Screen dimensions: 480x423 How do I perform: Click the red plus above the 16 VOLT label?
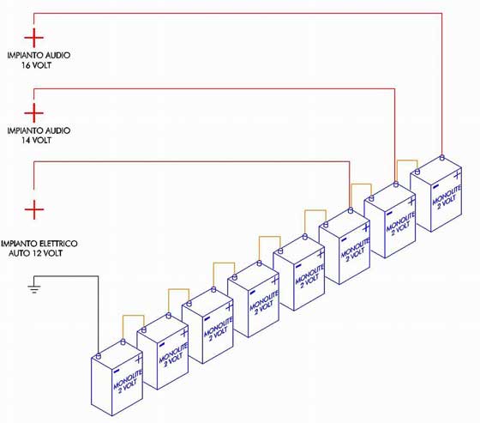34,38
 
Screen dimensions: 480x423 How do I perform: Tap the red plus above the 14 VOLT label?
34,112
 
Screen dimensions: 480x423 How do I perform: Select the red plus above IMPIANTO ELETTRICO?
34,209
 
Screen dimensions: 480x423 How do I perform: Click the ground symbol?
34,289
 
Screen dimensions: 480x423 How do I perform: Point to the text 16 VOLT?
36,65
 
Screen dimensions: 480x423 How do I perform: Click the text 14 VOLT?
36,141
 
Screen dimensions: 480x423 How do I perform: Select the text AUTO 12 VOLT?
35,253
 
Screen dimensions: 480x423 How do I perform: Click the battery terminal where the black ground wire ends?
99,356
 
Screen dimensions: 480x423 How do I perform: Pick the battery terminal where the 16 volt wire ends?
441,158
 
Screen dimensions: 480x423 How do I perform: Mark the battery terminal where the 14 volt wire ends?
396,184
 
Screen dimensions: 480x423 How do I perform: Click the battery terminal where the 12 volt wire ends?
351,210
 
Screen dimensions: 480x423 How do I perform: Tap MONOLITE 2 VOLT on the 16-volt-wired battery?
447,196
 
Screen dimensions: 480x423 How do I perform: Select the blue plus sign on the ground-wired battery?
138,359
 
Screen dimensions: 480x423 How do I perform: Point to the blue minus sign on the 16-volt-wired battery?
436,186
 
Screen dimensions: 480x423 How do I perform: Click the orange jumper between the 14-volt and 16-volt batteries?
407,160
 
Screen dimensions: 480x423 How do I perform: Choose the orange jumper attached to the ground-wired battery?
134,316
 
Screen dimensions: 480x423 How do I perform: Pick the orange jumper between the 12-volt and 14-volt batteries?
361,184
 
